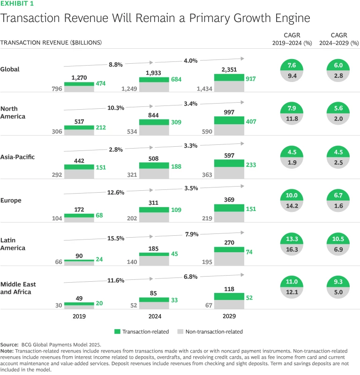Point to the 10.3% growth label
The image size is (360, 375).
[115, 107]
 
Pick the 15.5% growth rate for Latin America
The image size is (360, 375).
[115, 238]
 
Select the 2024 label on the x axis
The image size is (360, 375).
[154, 316]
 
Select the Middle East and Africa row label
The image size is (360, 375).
[18, 288]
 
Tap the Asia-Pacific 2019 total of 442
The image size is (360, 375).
[79, 160]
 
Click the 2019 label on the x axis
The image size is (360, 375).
[79, 316]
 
